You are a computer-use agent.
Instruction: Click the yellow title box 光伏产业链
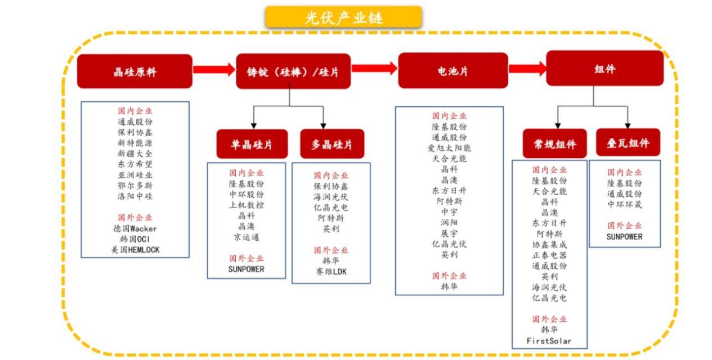tap(343, 17)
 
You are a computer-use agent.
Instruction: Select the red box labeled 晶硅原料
tap(135, 71)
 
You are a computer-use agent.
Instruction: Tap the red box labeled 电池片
tap(453, 70)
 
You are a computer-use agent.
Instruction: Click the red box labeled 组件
tap(605, 68)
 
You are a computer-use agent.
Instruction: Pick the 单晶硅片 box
tap(252, 144)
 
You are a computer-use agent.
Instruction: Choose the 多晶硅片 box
tap(332, 144)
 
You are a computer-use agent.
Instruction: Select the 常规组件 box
tap(554, 143)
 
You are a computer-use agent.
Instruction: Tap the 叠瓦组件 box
tap(628, 143)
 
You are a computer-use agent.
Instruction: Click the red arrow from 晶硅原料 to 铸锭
tap(214, 70)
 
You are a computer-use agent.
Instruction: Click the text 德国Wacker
tap(135, 228)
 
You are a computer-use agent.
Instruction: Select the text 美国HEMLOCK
tap(136, 250)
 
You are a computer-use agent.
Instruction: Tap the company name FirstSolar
tap(549, 341)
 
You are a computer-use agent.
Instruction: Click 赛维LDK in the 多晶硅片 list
tap(331, 272)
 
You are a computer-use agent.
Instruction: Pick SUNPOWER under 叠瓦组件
tap(625, 237)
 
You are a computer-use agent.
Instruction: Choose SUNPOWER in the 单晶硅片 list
tap(247, 269)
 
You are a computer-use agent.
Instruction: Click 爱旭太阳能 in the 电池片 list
tap(449, 148)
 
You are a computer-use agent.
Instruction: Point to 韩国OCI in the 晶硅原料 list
tap(135, 239)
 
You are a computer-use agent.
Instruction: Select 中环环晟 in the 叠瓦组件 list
tap(625, 204)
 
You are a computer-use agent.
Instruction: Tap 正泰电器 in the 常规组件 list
tap(549, 255)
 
